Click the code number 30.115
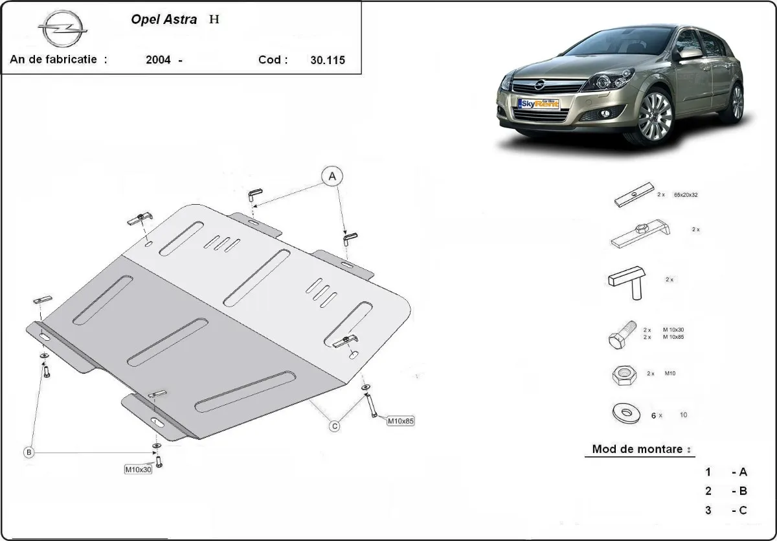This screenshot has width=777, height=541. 327,60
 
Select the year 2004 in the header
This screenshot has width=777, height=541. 159,60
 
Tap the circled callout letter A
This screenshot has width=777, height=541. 332,176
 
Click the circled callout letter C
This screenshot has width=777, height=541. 335,426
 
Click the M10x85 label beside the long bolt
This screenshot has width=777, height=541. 400,421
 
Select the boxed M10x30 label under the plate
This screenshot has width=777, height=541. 138,469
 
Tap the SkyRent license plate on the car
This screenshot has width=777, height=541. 538,104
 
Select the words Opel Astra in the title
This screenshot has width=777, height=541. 165,19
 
